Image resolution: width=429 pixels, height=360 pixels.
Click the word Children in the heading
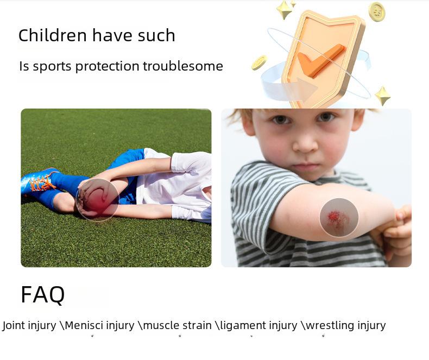click(53, 35)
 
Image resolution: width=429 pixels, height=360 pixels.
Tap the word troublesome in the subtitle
click(183, 66)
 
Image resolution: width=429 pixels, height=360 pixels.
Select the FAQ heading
click(43, 295)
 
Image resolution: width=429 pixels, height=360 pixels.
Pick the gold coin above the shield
click(377, 11)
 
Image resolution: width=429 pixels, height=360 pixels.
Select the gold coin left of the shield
click(259, 62)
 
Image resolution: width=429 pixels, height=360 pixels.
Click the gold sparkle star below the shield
click(382, 96)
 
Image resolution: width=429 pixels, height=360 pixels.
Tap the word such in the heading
click(156, 35)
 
